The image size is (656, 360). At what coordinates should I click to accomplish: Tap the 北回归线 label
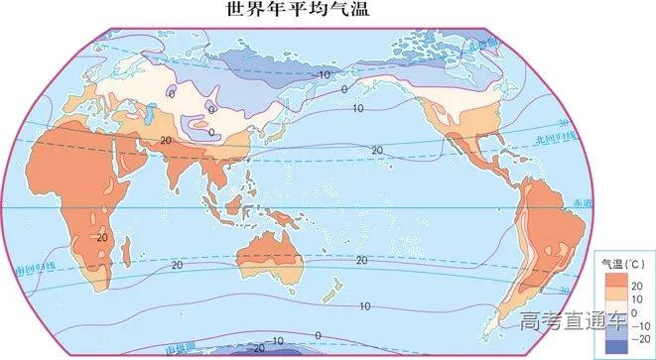pos(550,138)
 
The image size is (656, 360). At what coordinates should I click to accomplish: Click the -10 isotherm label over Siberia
pos(322,74)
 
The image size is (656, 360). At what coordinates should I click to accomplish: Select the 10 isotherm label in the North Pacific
pos(358,108)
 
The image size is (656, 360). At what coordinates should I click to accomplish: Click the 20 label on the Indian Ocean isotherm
pos(177,265)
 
